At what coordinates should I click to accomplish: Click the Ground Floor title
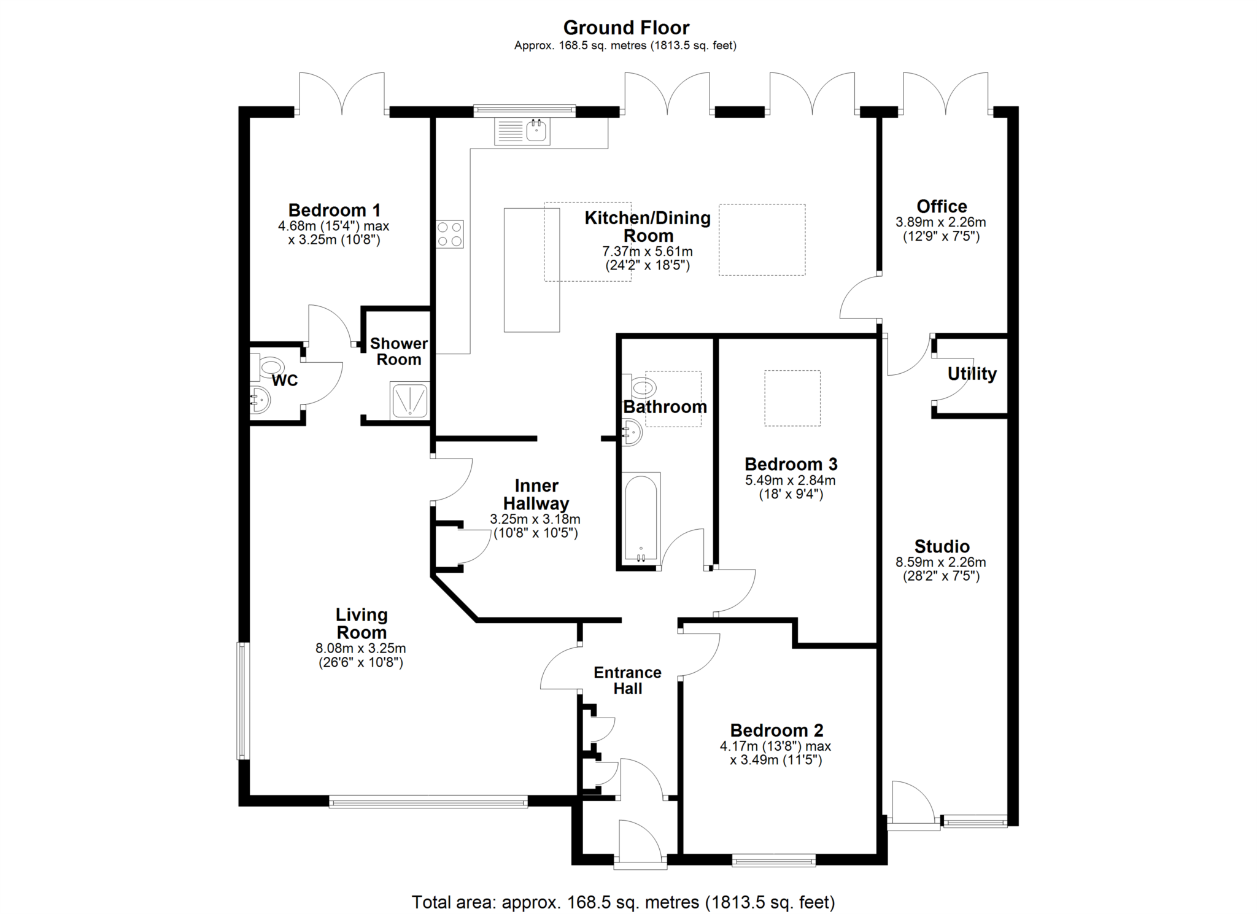coord(626,28)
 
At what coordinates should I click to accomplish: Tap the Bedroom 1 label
coord(335,210)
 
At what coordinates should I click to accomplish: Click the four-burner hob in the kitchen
coord(449,234)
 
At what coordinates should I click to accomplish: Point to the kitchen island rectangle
coord(532,270)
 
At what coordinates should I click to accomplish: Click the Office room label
coord(942,206)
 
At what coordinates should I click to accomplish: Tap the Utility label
coord(972,374)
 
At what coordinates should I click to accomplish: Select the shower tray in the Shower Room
coord(409,400)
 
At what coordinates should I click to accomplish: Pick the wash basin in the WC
coord(260,401)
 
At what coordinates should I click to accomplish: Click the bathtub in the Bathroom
coord(641,517)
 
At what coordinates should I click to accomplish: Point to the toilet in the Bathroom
coord(642,387)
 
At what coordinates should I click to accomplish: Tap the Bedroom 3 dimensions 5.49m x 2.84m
coord(791,481)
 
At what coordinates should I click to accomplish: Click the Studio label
coord(942,546)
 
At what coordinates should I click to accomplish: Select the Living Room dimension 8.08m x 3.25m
coord(361,648)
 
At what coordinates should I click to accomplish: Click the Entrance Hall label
coord(627,680)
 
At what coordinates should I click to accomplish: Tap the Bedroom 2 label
coord(776,730)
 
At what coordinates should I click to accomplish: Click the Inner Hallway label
coord(536,494)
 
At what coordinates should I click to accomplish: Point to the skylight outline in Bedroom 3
coord(792,398)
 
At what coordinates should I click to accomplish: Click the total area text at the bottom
coord(623,902)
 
